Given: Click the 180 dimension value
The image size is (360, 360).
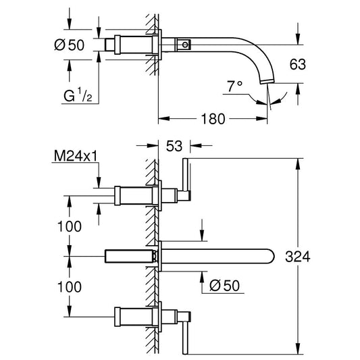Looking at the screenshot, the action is click(213, 119).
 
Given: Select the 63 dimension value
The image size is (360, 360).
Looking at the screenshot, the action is click(298, 64).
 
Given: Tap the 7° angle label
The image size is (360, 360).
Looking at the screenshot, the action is click(234, 86).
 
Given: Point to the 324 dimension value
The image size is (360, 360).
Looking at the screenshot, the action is click(298, 257).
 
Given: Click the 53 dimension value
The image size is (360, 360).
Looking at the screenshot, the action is click(174, 146).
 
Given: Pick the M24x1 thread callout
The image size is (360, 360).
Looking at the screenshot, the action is click(76, 156).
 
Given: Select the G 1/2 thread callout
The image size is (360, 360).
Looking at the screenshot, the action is click(78, 95).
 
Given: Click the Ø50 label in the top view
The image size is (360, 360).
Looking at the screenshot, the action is click(70, 45).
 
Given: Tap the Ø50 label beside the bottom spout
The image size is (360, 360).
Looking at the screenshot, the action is click(224, 286).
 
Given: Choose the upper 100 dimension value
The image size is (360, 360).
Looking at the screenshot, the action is click(70, 226).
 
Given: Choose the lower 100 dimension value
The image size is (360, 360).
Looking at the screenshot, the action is click(70, 287).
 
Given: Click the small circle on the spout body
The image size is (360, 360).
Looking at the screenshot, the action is click(185, 45).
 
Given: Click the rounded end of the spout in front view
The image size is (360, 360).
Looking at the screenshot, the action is click(272, 256).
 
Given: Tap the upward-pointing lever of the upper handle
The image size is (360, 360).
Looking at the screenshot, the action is click(185, 174).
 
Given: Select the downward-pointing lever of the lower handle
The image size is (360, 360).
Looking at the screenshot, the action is click(185, 338).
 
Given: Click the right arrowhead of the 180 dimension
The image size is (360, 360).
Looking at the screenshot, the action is click(262, 118).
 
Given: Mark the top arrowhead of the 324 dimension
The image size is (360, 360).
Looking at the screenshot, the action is click(298, 163).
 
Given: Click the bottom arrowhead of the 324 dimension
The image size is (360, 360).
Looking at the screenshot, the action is click(298, 349).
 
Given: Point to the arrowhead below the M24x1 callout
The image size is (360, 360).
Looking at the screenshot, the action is click(99, 182).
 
